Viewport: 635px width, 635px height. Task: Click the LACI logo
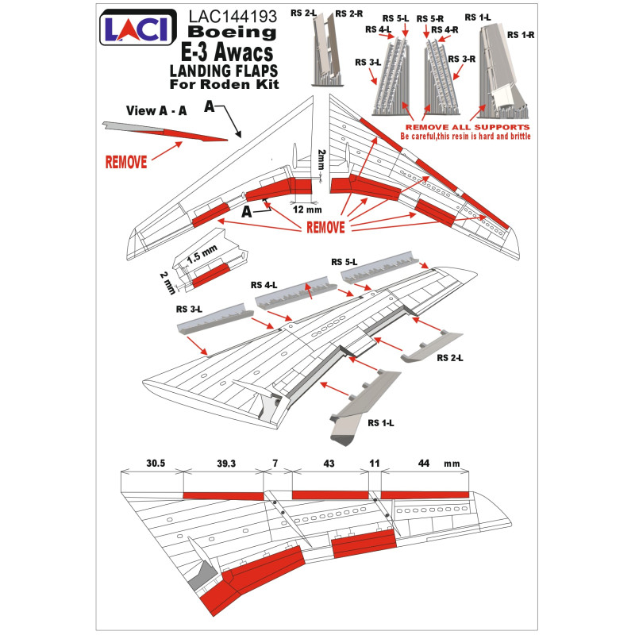pos(137,27)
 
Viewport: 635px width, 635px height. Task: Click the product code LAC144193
pos(233,17)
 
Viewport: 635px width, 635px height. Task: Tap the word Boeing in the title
pos(232,32)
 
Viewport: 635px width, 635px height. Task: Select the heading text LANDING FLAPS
pos(224,71)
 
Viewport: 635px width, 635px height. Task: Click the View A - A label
pos(156,110)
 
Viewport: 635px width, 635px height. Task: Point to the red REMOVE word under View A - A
pos(126,162)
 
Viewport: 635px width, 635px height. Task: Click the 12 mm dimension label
pos(307,210)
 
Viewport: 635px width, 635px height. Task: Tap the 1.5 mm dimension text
pos(202,253)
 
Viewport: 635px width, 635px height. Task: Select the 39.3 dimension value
pos(226,464)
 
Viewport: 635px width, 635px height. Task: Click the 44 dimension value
pos(424,463)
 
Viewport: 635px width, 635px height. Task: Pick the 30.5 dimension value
pos(156,463)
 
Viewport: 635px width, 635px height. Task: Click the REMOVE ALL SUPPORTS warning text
pos(468,127)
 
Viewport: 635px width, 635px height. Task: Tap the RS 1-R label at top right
pos(521,35)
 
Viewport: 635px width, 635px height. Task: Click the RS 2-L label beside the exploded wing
pos(450,358)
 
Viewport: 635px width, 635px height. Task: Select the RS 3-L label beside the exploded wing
pos(189,310)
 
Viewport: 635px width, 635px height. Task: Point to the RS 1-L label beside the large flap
pos(381,423)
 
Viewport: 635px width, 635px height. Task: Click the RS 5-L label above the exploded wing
pos(344,263)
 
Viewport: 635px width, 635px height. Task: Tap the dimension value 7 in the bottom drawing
pos(275,463)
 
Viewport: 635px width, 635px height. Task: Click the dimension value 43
pos(329,464)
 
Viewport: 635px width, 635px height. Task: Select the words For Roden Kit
pos(224,84)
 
